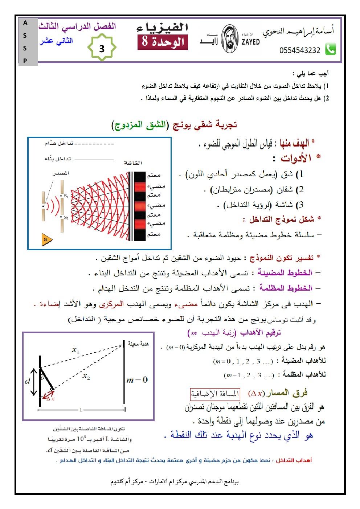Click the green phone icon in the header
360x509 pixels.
point(330,49)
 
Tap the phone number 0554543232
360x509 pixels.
point(300,50)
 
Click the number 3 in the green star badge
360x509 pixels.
point(102,48)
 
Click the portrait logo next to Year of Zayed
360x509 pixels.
point(230,39)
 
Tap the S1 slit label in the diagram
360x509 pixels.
point(66,196)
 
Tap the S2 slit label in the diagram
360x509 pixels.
point(66,218)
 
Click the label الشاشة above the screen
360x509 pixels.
point(133,163)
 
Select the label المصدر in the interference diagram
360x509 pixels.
point(61,173)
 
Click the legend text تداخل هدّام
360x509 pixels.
point(59,143)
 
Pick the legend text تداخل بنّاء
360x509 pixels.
point(58,159)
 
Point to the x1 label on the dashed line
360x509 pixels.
point(75,350)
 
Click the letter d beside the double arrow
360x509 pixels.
point(28,381)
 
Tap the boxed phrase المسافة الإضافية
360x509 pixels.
point(215,394)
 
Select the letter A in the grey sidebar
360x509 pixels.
point(25,23)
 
